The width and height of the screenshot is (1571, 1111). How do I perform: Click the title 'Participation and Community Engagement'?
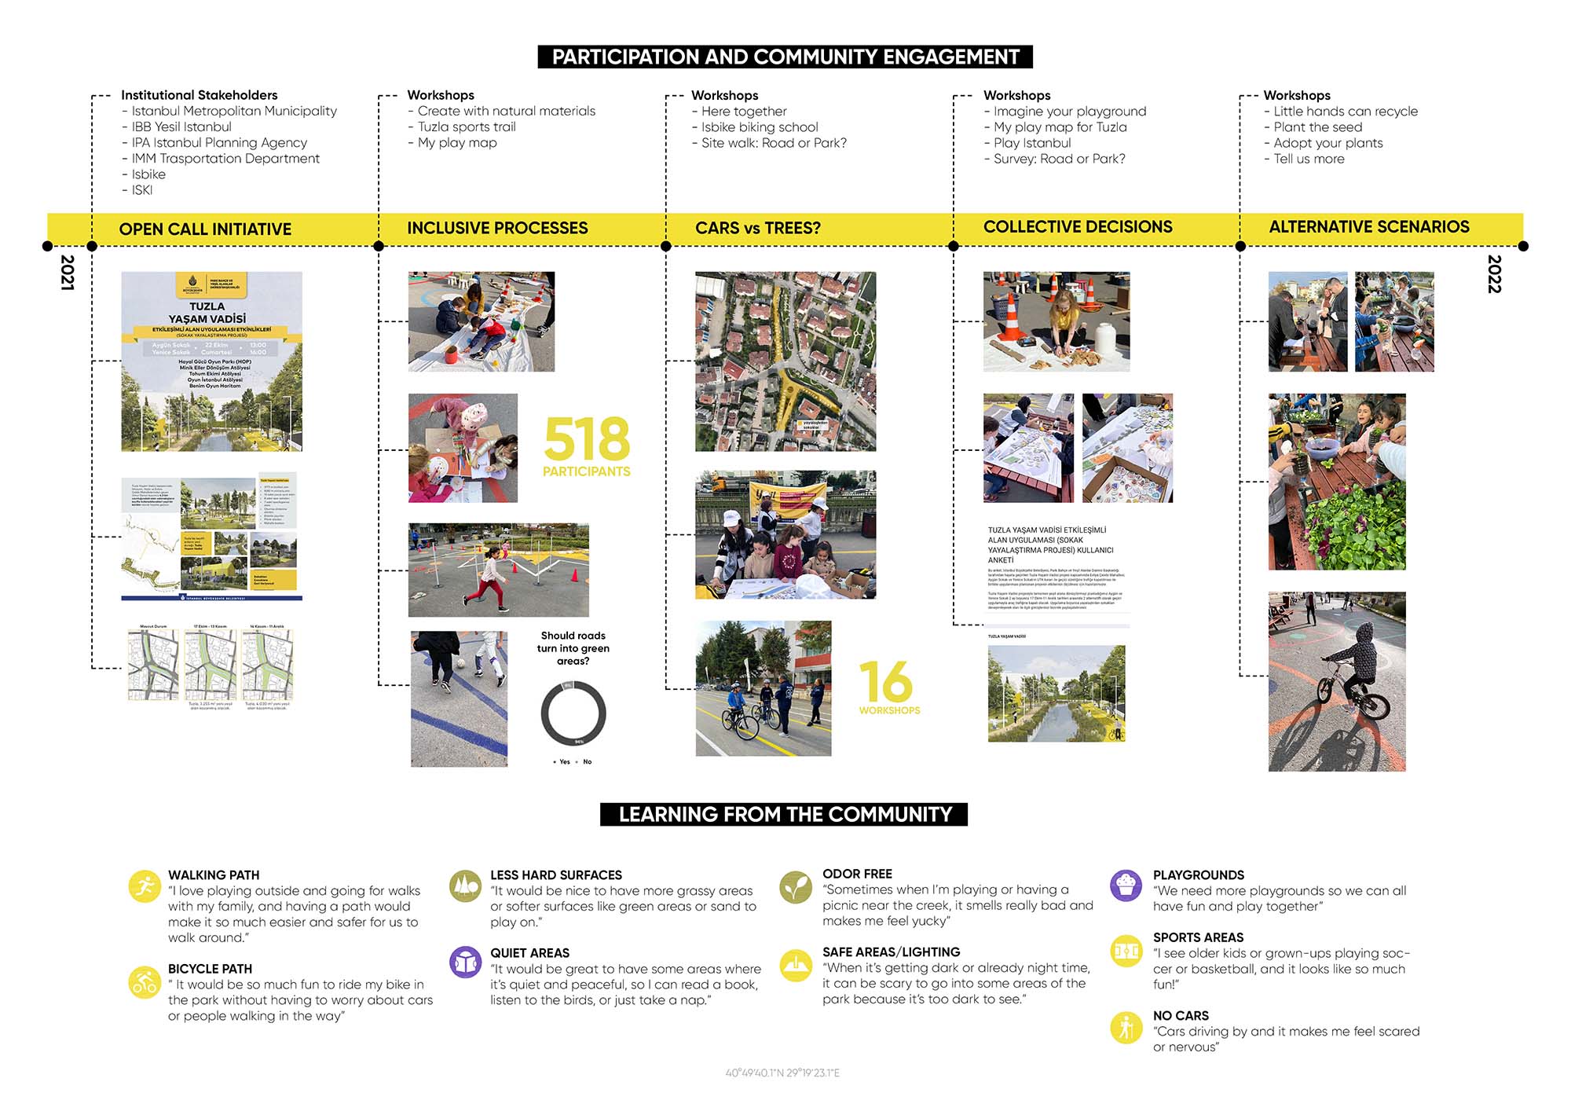pos(785,57)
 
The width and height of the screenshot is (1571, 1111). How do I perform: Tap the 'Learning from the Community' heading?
pos(784,814)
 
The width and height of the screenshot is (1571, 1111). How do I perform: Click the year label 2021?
pos(68,273)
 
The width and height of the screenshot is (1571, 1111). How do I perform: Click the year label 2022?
pos(1494,273)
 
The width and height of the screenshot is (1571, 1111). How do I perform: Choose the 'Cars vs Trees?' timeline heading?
pos(757,228)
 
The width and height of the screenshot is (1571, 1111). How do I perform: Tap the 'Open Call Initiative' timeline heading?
pos(205,229)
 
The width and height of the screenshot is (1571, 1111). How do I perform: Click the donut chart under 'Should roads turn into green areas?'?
pos(573,713)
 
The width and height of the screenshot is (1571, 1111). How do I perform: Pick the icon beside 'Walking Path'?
pos(145,887)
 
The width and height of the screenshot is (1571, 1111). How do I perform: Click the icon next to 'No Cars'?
pos(1126,1027)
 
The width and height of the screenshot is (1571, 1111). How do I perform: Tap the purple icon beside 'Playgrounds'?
pos(1126,885)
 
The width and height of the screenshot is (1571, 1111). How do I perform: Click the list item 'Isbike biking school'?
pos(760,127)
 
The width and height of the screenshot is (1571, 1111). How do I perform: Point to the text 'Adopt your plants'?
pos(1328,143)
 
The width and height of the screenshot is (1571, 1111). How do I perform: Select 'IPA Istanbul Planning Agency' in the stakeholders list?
pos(219,143)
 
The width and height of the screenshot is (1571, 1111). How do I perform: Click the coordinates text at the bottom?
pos(782,1072)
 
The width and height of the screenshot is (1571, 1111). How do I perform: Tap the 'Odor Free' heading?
pos(857,874)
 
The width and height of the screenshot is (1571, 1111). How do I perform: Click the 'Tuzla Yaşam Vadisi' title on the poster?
pos(207,313)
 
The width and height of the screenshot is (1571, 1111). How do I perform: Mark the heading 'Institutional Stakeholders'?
pos(199,95)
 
